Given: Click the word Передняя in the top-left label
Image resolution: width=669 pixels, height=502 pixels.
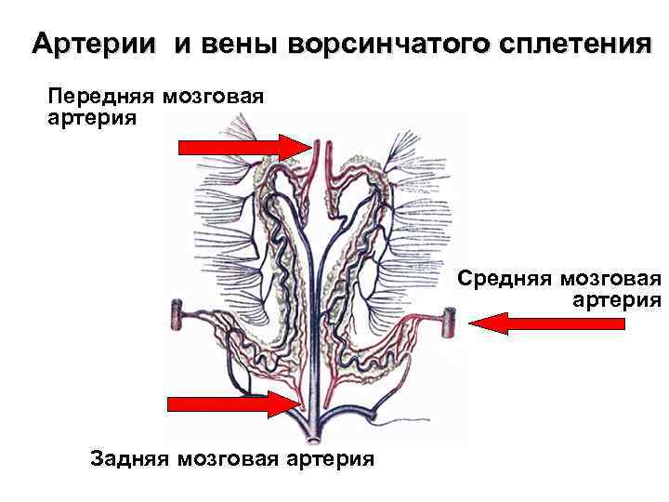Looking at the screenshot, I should [100, 97].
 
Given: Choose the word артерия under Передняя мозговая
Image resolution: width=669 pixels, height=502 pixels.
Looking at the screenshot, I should [90, 119].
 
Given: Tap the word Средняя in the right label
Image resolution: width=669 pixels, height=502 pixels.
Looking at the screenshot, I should [505, 279].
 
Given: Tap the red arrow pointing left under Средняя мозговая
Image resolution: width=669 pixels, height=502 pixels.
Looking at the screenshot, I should [546, 323].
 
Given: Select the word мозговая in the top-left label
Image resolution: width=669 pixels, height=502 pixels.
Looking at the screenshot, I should [212, 97].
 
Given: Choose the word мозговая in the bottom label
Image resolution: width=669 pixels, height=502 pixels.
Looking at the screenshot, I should [229, 458].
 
